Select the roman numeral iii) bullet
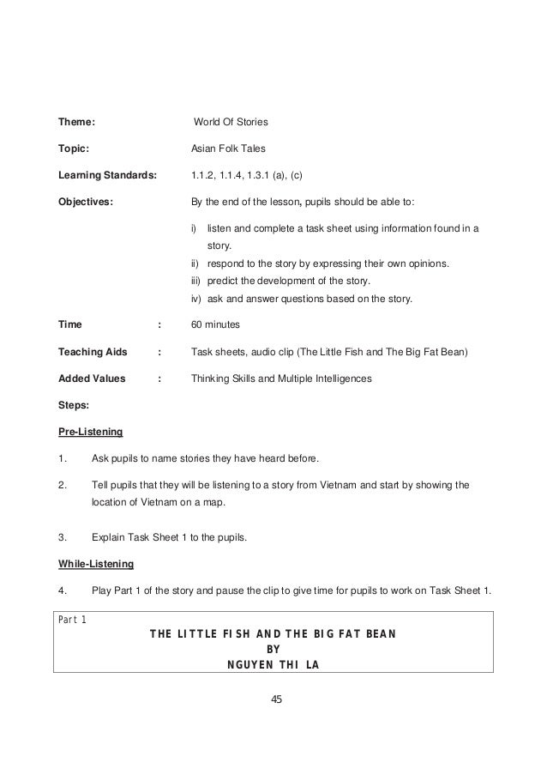click(195, 281)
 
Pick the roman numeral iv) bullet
click(195, 299)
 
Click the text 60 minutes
click(214, 325)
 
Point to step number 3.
click(62, 539)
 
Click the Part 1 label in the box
click(72, 620)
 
